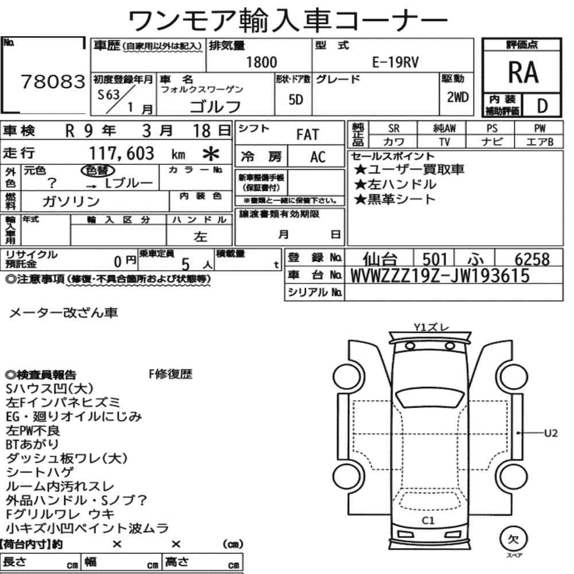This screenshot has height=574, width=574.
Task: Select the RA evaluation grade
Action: point(522,72)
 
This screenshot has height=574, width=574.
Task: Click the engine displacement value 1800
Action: point(261,63)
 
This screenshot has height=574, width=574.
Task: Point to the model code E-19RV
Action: point(395,63)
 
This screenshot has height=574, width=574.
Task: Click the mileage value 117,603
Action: point(122,153)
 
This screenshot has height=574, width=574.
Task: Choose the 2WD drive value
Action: point(457,97)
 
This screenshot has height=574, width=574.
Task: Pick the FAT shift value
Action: point(308,135)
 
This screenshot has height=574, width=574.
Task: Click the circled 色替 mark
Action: point(97,170)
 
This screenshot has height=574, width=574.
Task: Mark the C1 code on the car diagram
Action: point(428,521)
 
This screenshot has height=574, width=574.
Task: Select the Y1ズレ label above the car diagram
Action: point(432,328)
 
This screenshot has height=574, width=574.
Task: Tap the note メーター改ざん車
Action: point(64,313)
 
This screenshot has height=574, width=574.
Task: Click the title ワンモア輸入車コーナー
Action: point(287,21)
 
